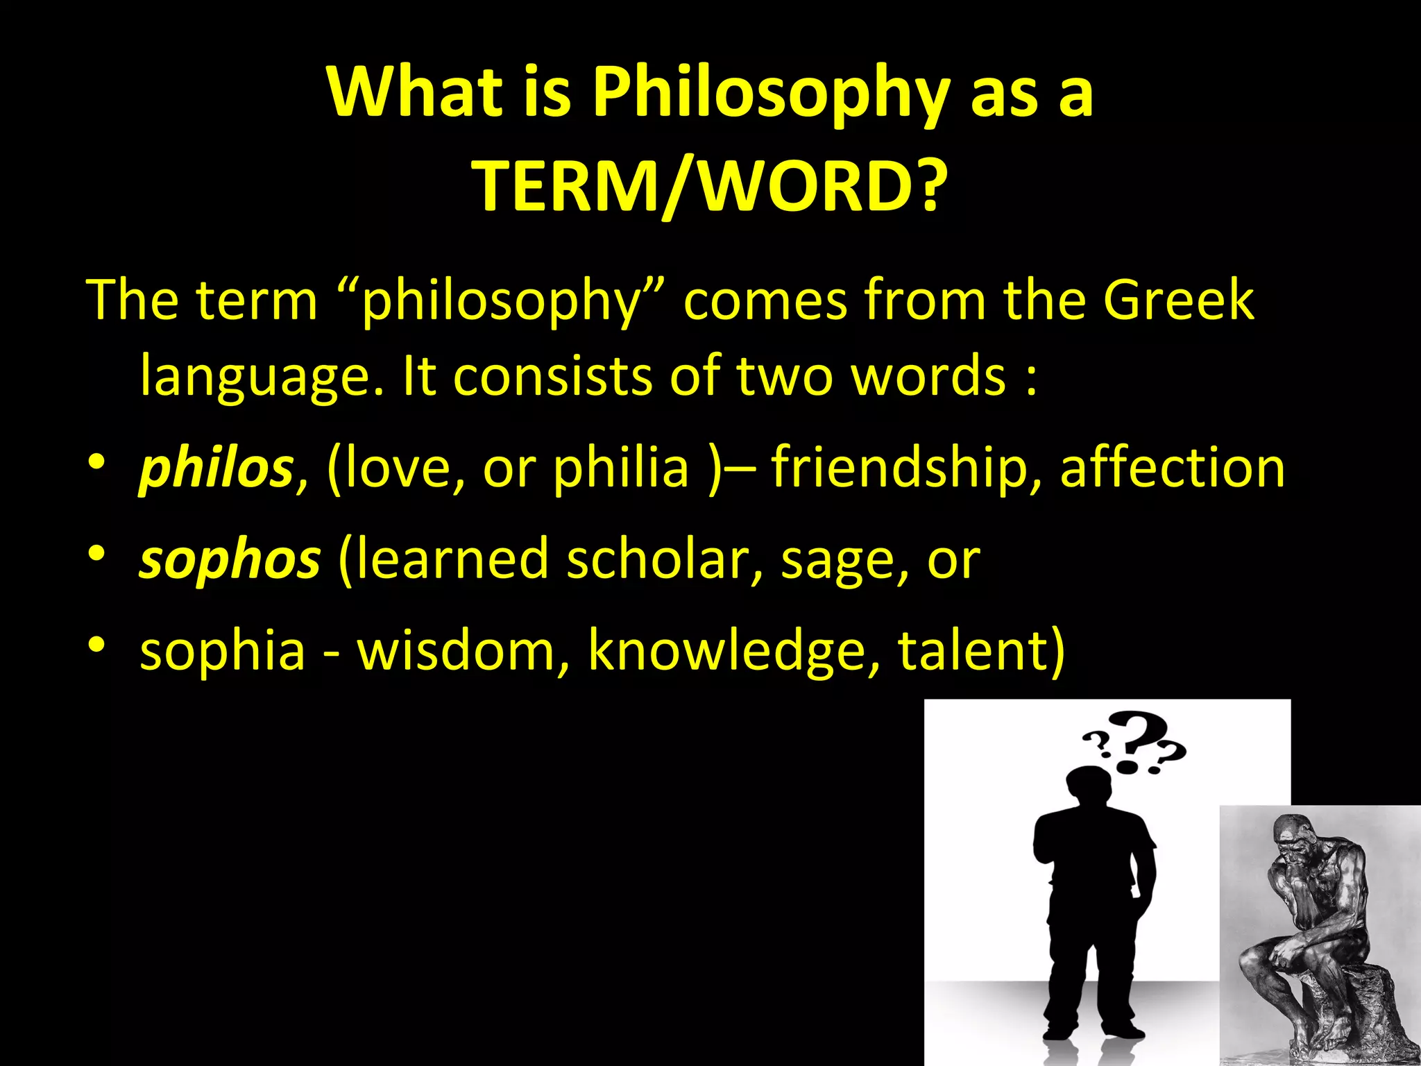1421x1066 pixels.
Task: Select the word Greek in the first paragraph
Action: pos(1178,300)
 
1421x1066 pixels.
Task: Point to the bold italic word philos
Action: pos(216,468)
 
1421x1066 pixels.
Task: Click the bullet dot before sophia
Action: pos(96,645)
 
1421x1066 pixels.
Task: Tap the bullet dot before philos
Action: pos(96,462)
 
